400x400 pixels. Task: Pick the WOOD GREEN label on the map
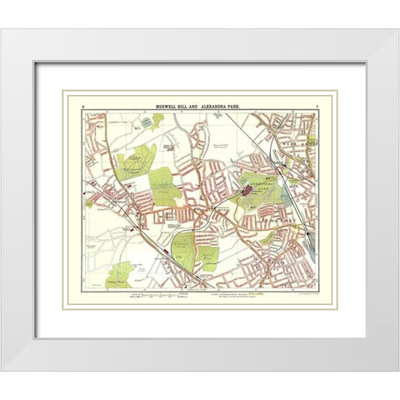coord(296,155)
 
